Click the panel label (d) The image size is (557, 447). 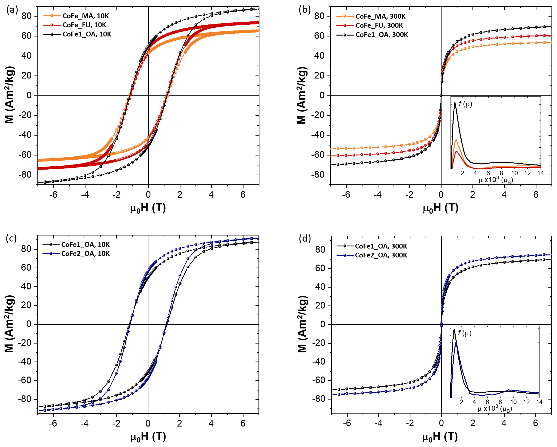coord(305,238)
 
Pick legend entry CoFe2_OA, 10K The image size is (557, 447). coord(85,254)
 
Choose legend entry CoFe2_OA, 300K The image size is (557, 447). coord(381,255)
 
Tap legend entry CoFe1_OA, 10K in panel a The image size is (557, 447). coord(87,34)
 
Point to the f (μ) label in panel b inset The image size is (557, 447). coord(465,104)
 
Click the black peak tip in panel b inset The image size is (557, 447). coord(455,102)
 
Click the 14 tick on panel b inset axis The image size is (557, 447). coord(541,173)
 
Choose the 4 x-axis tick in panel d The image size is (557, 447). coord(504,423)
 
